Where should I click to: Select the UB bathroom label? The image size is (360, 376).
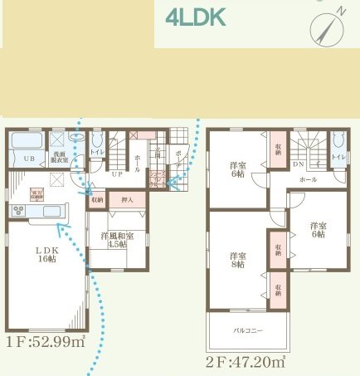tap(27, 158)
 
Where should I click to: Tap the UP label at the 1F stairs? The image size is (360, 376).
tap(117, 174)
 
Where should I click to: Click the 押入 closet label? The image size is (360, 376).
tap(127, 200)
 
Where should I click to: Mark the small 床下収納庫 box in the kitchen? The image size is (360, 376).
tap(36, 195)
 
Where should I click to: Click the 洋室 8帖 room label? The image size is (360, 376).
tap(237, 260)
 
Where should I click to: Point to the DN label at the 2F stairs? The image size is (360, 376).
tap(298, 165)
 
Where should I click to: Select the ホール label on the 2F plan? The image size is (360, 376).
tap(308, 178)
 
